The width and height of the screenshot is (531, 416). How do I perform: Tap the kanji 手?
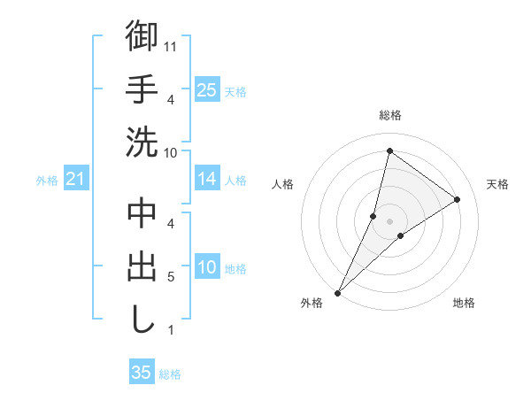142,89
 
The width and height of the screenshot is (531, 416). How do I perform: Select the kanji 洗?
142,142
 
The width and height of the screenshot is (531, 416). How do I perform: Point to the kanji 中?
142,213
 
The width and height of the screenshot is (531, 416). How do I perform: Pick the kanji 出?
142,266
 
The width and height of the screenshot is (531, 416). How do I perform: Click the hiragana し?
142,320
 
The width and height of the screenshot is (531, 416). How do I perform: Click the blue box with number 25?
206,90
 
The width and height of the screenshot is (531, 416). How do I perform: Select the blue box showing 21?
75,180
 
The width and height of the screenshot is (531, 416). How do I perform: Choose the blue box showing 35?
142,374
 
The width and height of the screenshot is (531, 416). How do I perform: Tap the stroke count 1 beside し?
170,331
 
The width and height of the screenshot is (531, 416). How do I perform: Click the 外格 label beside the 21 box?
47,181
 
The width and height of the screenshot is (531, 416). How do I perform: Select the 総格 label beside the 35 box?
170,374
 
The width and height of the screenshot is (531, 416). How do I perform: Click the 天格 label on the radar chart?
497,184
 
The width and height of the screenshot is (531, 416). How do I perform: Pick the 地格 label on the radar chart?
464,303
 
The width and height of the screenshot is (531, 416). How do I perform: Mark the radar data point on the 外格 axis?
337,292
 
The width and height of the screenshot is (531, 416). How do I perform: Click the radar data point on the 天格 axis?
458,199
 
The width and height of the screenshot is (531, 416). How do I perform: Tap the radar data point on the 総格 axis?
389,150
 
